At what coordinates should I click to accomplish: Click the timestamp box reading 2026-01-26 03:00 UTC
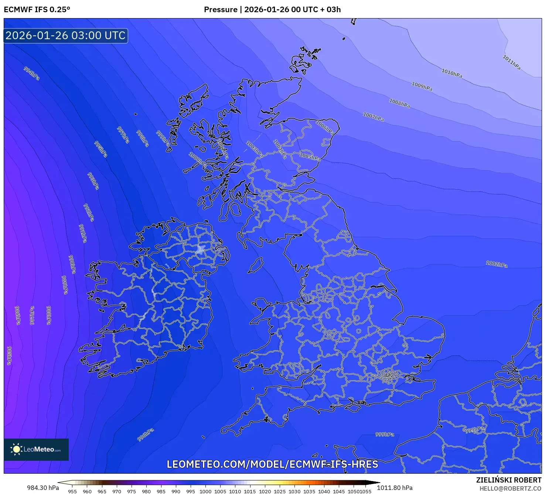pos(66,36)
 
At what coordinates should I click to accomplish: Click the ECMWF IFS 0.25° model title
pos(37,10)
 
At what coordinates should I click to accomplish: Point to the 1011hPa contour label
pos(511,62)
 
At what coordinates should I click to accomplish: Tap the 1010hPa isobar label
pos(452,73)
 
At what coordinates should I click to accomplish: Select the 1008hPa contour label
pos(399,103)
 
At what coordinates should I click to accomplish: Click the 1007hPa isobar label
pos(373,117)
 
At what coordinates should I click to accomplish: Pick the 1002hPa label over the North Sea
pos(497,264)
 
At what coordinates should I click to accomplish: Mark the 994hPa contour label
pos(32,74)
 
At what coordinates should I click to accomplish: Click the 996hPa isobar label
pos(146,435)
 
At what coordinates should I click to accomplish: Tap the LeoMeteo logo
pos(36,449)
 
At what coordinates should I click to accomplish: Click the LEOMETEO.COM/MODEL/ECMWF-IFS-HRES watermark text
pos(272,464)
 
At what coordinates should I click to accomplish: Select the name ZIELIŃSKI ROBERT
pos(508,480)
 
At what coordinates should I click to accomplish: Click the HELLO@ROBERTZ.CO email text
pos(510,488)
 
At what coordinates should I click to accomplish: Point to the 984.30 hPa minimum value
pos(43,488)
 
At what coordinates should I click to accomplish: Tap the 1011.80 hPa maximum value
pos(395,488)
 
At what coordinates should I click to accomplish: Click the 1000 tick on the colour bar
pos(205,491)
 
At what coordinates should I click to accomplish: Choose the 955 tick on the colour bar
pos(72,491)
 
